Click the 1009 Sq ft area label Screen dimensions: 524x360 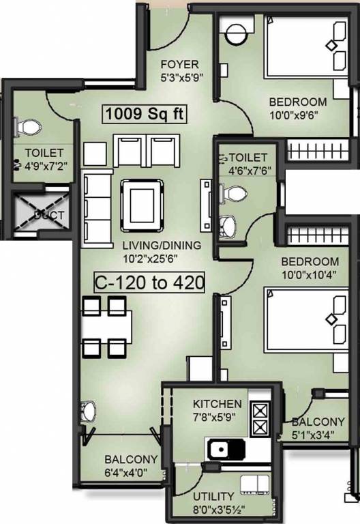(145, 113)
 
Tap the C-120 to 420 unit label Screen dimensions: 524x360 (149, 282)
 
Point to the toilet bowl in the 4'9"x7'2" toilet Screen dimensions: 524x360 (30, 128)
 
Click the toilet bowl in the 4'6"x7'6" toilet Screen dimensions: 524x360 (235, 195)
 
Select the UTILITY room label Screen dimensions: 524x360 (213, 496)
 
